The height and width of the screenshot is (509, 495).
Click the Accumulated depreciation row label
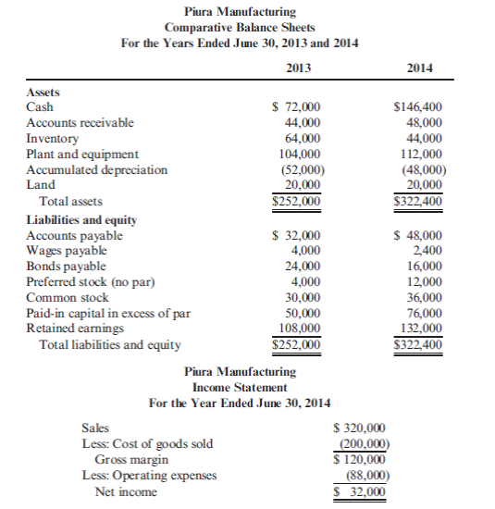(x=97, y=170)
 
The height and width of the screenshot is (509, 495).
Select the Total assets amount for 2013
(x=296, y=201)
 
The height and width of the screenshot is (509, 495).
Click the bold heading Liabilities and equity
(x=82, y=219)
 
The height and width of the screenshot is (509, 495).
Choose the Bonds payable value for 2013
(x=302, y=267)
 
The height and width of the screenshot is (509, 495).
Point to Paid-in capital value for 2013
(x=302, y=314)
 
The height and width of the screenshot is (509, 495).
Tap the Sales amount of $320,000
(x=359, y=428)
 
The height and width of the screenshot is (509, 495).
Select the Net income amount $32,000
(x=360, y=490)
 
